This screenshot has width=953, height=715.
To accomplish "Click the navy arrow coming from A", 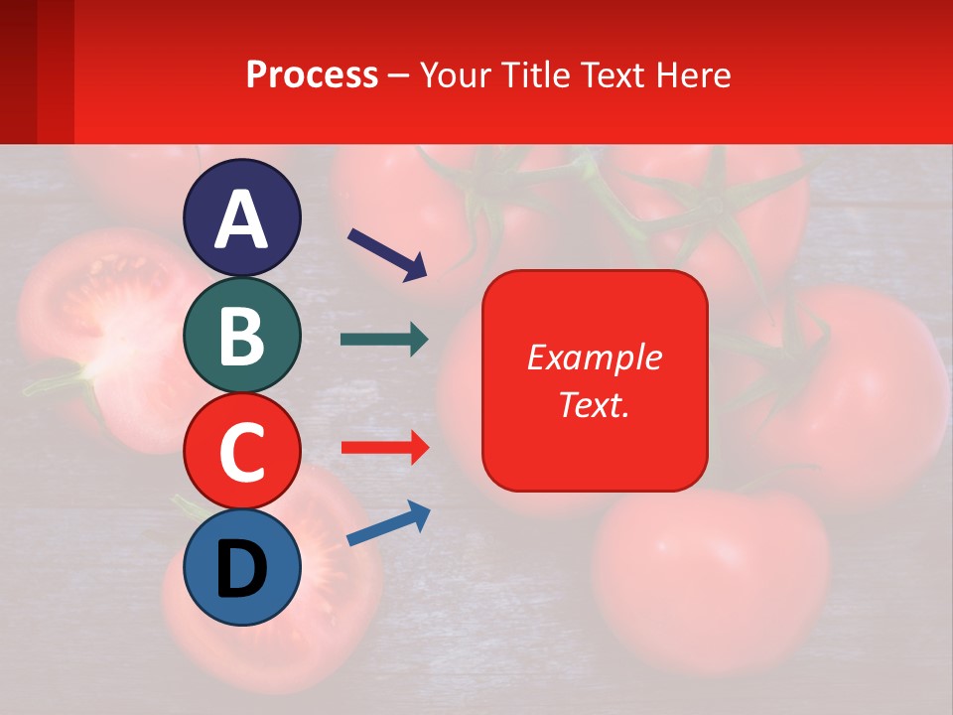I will tap(387, 253).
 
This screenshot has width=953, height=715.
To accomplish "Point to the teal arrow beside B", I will tap(384, 340).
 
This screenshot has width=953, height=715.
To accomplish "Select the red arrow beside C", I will tap(384, 448).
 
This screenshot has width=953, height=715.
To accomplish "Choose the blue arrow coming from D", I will tap(388, 524).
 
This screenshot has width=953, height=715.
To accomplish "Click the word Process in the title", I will tap(312, 74).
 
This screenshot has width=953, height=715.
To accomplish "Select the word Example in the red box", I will tap(595, 357).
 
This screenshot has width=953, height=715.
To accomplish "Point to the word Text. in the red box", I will tap(595, 404).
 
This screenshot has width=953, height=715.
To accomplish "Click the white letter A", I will tap(242, 220).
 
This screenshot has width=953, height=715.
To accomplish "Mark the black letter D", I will tap(242, 569).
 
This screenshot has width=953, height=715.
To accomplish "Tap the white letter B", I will tap(242, 336).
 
